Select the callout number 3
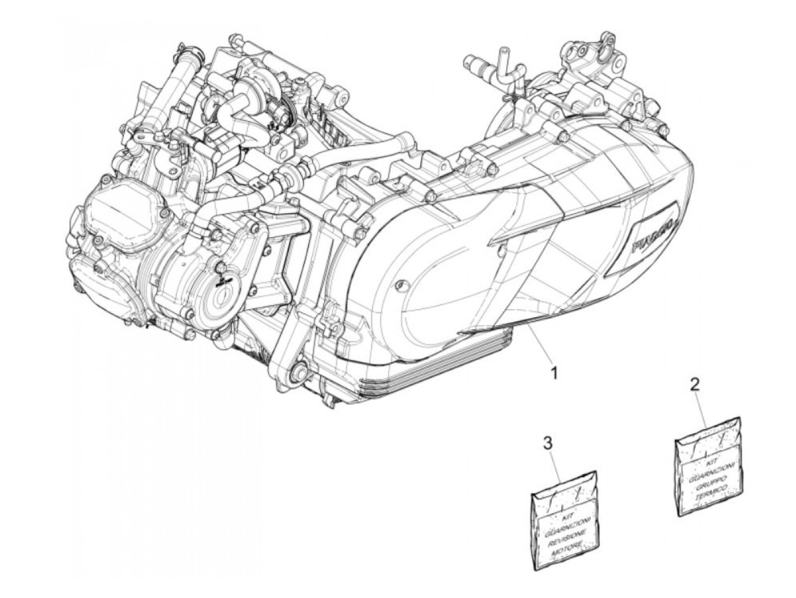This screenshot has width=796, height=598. click(x=548, y=443)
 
